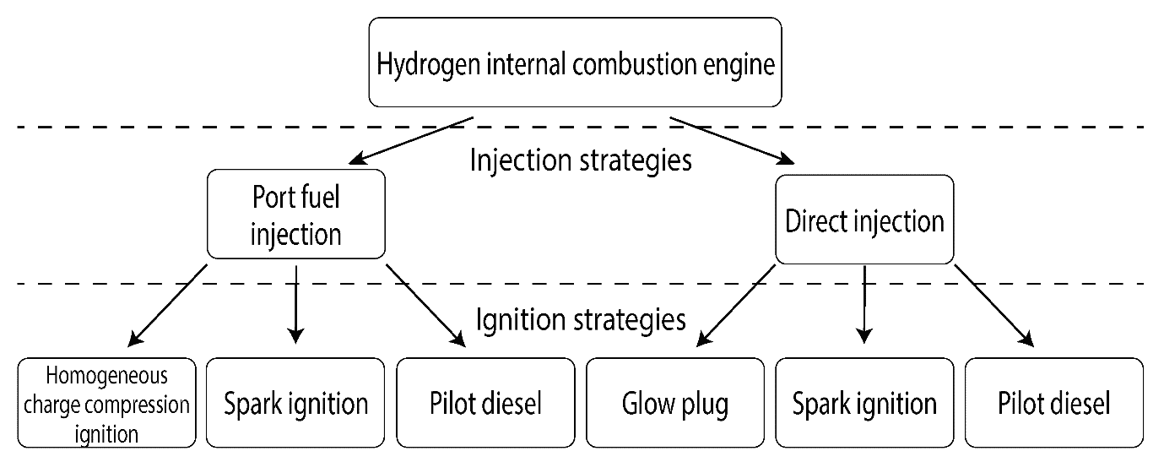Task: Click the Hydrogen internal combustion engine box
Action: [575, 63]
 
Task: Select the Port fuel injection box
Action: [296, 215]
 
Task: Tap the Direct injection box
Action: [864, 220]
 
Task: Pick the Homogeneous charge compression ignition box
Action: [107, 403]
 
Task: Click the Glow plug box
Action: [675, 403]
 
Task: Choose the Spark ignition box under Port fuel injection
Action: [295, 403]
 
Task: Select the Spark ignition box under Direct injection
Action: [864, 403]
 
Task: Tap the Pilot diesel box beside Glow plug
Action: [486, 403]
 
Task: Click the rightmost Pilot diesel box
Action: [1054, 403]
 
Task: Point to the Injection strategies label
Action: [581, 160]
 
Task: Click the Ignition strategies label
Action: [581, 319]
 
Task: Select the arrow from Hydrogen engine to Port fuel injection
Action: [410, 140]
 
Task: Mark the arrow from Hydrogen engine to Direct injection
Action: [732, 140]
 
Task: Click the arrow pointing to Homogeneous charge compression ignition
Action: [167, 306]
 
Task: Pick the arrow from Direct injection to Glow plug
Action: [736, 306]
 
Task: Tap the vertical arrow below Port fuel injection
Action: [295, 305]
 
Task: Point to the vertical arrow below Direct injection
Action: [864, 305]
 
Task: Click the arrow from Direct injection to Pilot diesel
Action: [994, 306]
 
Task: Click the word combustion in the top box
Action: [635, 64]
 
